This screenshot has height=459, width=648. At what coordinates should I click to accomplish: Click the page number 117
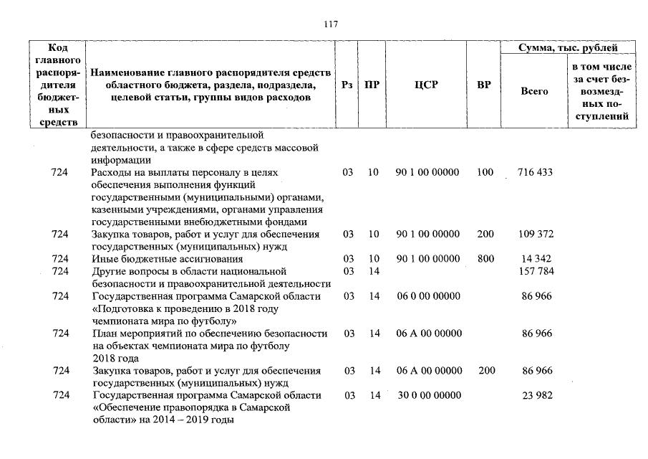(x=330, y=24)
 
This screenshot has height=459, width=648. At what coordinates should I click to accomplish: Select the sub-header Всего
(x=535, y=91)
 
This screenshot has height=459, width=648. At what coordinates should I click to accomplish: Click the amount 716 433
(x=535, y=173)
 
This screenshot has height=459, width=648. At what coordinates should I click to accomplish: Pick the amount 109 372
(x=535, y=235)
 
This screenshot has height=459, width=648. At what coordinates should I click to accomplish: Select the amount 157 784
(x=535, y=271)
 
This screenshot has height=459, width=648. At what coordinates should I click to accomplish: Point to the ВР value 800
(x=485, y=259)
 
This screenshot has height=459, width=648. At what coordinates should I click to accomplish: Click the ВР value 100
(x=485, y=173)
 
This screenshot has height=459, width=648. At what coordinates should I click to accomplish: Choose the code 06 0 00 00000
(x=427, y=296)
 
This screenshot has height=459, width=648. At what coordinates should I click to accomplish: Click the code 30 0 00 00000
(x=427, y=395)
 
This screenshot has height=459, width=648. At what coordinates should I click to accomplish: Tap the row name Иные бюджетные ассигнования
(x=168, y=259)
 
